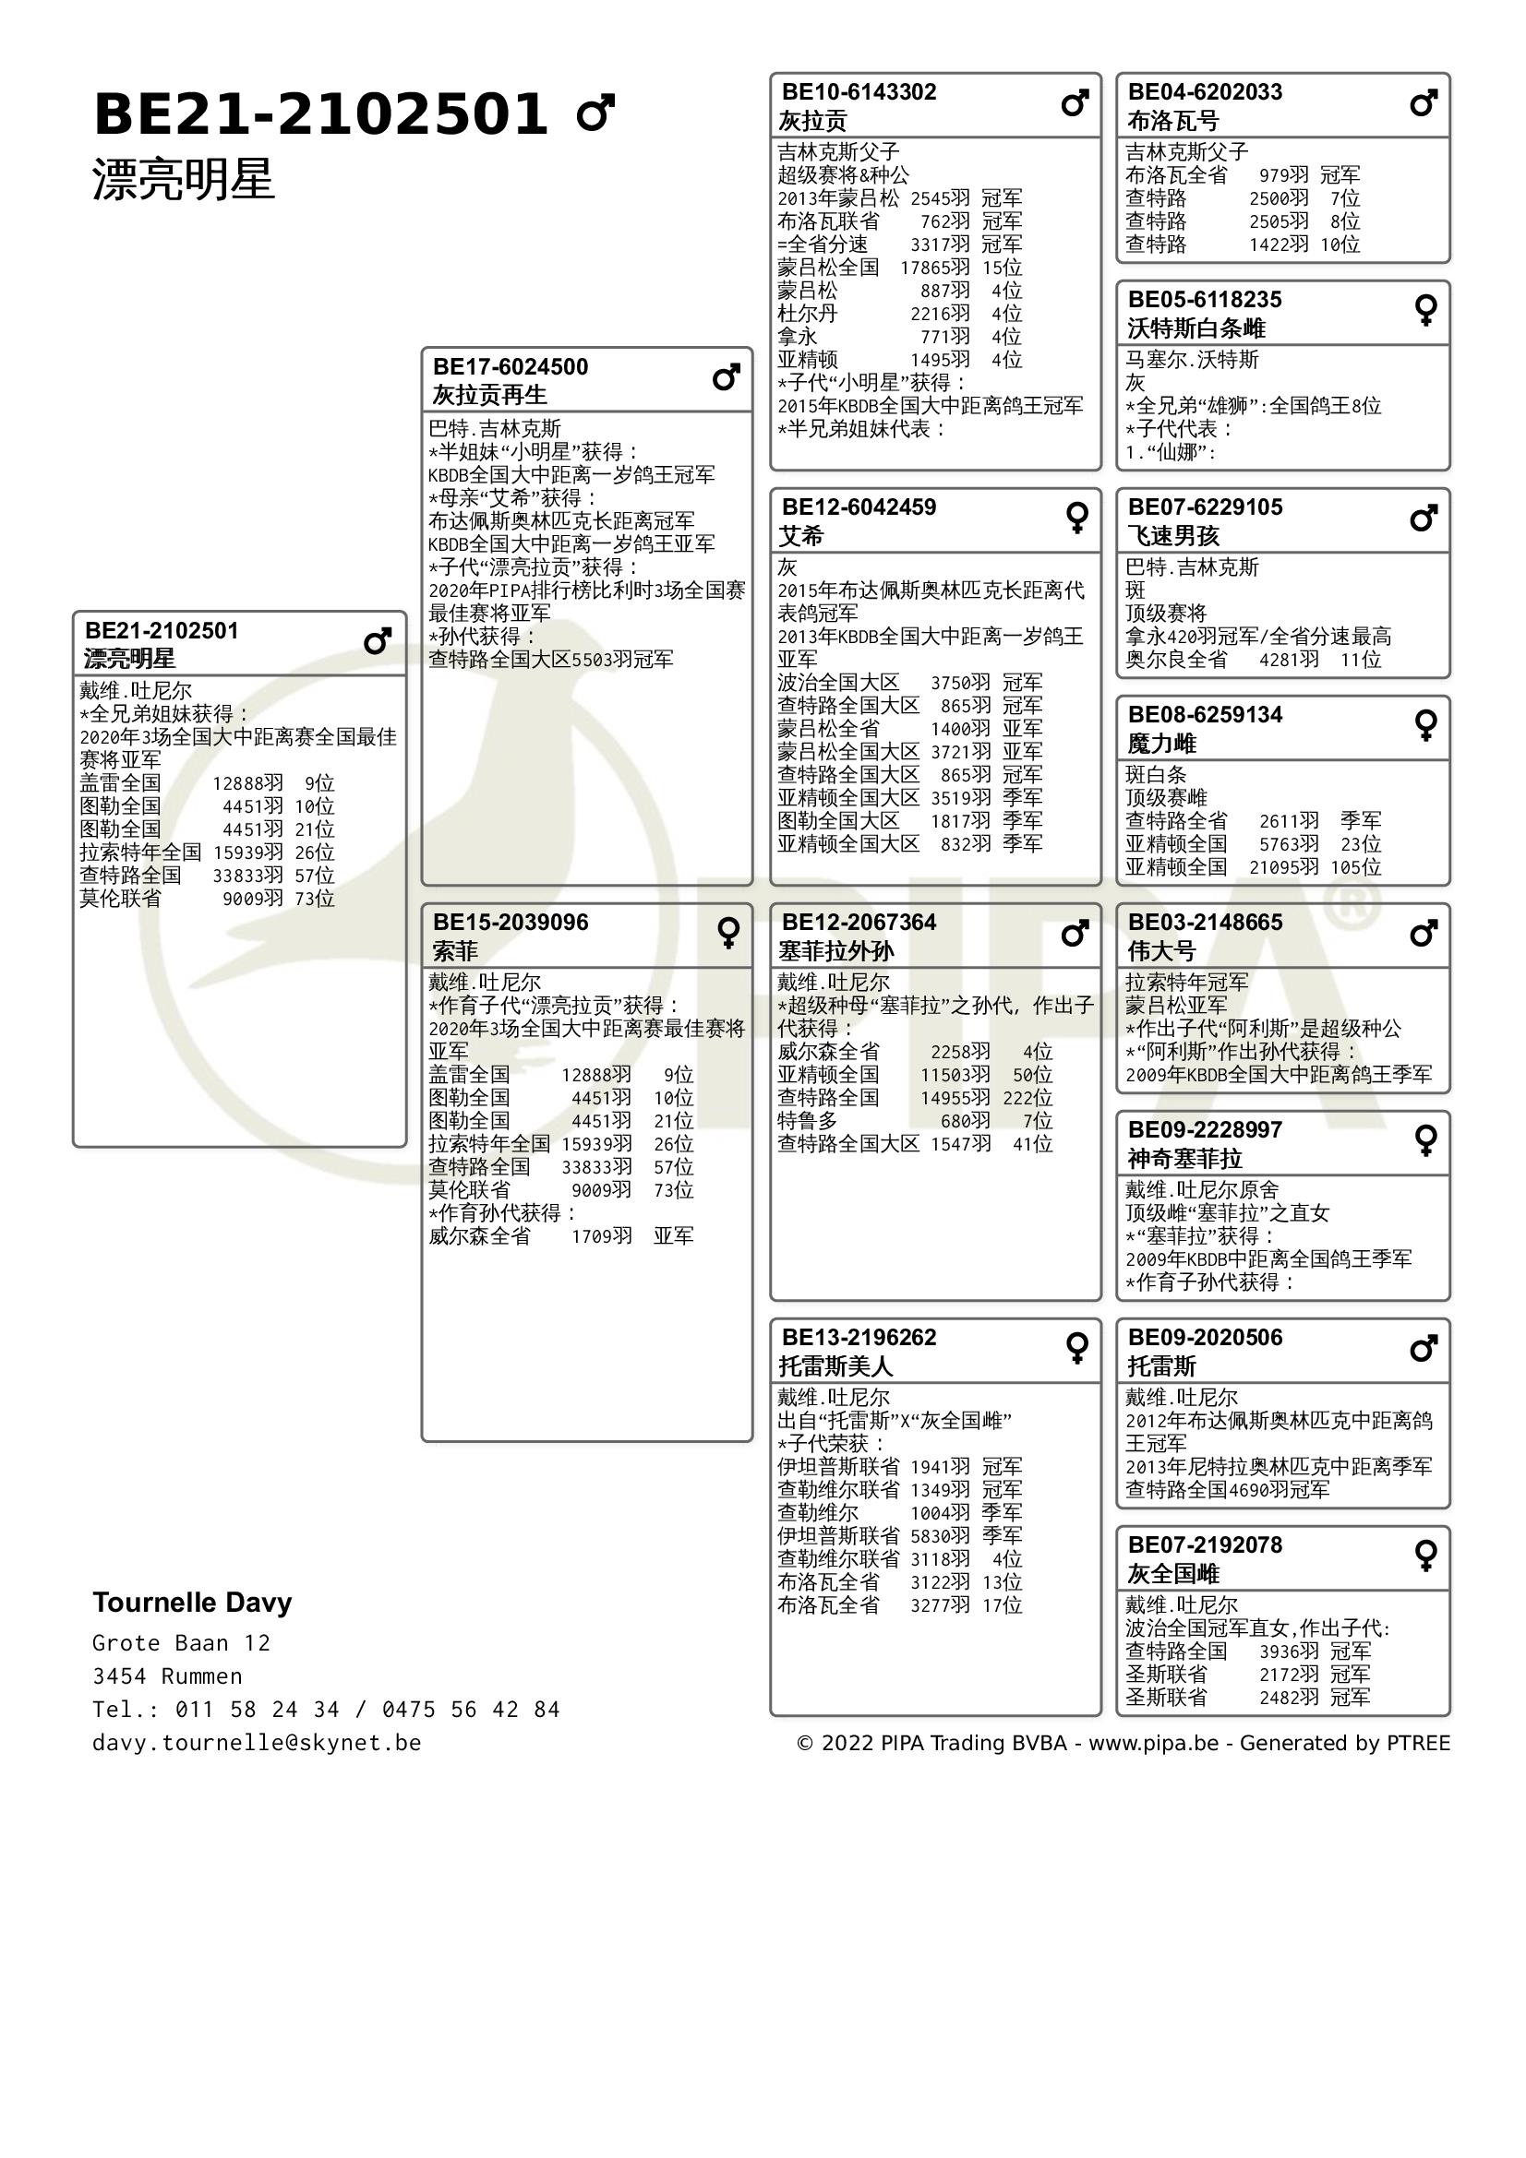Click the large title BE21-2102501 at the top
(319, 114)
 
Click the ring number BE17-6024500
(510, 366)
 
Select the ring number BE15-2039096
(510, 922)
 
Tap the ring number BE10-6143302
(859, 92)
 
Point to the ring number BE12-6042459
(859, 507)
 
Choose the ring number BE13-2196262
(859, 1338)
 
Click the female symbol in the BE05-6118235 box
(1425, 310)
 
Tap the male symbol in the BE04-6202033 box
(1424, 102)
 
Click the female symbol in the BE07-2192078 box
(1425, 1556)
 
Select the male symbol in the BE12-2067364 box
(1075, 934)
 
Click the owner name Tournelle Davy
(192, 1603)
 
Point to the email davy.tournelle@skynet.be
(257, 1743)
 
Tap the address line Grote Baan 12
(182, 1643)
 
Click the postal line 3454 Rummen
(167, 1675)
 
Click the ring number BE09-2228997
(1205, 1130)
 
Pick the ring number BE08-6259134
(1205, 715)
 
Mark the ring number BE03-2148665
(1205, 922)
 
